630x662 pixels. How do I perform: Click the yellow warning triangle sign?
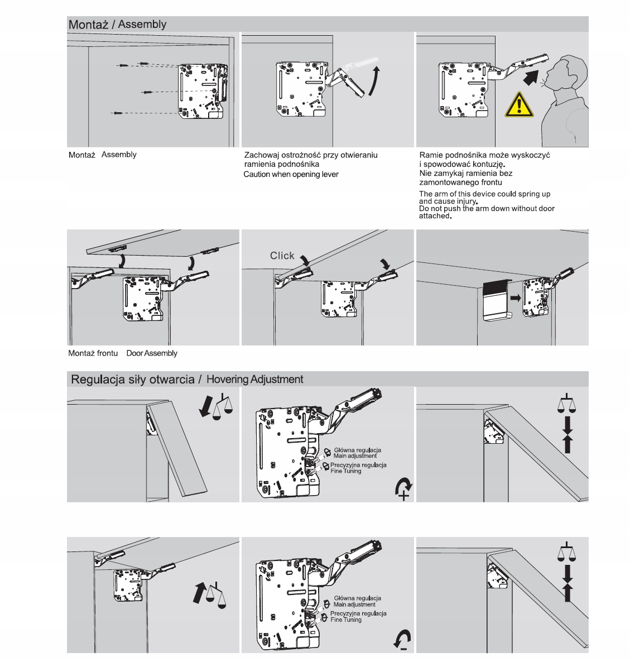518,105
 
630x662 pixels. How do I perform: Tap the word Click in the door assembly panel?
282,256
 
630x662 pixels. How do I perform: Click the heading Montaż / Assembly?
117,25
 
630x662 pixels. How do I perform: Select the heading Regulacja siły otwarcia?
132,380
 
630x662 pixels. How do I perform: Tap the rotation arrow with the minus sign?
402,639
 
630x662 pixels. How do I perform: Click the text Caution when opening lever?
291,174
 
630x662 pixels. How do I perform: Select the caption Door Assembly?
152,353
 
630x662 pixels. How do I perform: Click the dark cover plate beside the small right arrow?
495,298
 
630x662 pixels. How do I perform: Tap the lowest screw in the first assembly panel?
117,113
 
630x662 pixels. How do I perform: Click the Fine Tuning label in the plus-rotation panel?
346,471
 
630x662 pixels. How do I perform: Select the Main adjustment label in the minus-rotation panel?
354,605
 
